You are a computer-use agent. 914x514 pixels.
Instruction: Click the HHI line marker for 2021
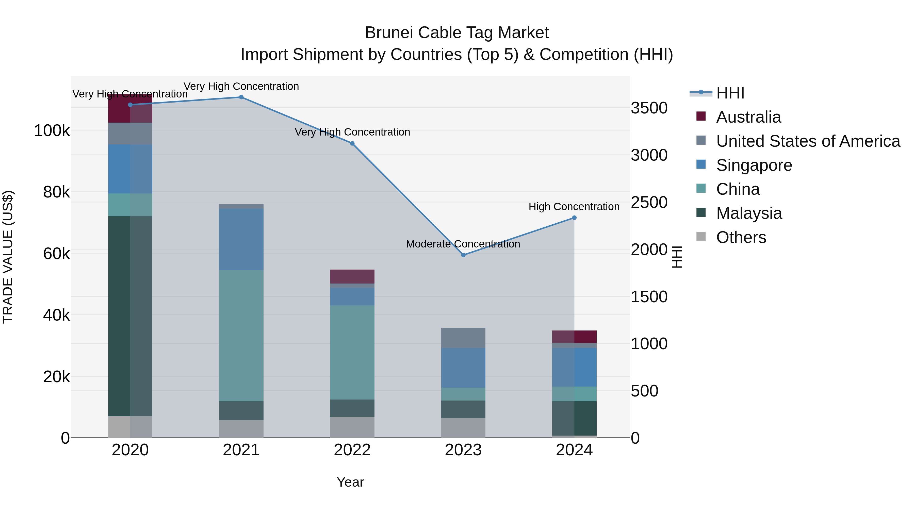241,97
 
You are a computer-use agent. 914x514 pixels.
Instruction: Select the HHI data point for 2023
463,255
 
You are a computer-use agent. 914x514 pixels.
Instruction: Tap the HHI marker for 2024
574,218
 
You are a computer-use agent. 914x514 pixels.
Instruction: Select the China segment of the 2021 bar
241,336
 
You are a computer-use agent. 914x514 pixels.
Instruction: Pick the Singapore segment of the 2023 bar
463,368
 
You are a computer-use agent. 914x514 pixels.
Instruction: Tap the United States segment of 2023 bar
463,338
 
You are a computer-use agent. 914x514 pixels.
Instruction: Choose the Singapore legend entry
754,165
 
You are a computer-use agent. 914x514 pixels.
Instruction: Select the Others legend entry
741,237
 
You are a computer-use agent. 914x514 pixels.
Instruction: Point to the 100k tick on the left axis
52,130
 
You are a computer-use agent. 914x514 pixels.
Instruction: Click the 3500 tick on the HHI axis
649,108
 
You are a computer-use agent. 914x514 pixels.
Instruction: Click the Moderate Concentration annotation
463,244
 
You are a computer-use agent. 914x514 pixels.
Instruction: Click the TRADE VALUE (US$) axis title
8,257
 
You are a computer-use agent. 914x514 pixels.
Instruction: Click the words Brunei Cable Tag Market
457,33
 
